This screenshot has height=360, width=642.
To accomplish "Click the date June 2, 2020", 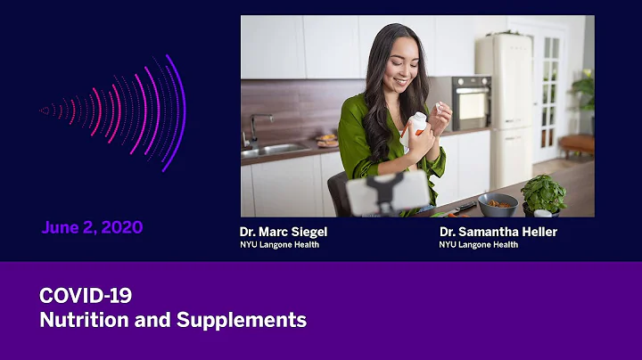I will point(92,227).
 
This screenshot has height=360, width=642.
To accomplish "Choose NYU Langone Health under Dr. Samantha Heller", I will point(478,245).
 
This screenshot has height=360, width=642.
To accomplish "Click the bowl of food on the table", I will point(497,204).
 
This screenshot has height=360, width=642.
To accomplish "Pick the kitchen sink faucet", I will point(254,127).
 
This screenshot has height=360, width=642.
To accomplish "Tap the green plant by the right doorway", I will point(584,94).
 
